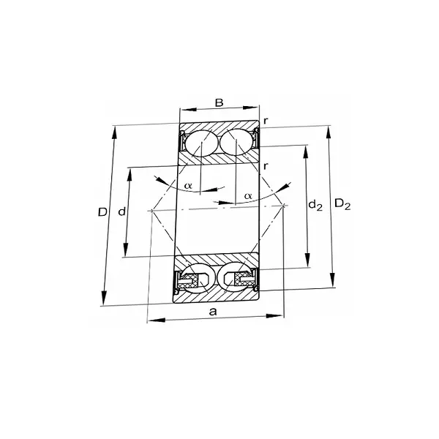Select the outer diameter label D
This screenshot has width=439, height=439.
coord(102,212)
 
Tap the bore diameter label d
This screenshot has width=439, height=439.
coord(121,211)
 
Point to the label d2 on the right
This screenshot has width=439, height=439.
coord(315,206)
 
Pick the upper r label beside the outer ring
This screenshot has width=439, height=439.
coord(266,121)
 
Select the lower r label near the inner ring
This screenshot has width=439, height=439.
coord(266,166)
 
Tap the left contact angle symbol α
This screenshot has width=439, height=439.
coord(188,186)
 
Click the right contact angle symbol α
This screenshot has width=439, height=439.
coord(248,195)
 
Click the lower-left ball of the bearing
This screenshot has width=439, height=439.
coord(200,277)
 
